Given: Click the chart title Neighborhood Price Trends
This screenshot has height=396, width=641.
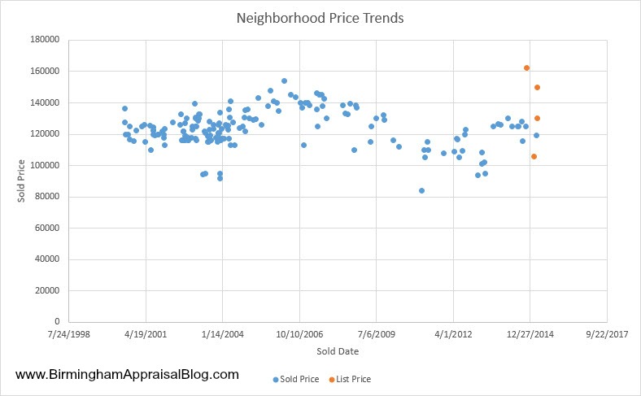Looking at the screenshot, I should click(320, 17).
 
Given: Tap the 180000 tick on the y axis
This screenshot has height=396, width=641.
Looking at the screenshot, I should click(46, 40).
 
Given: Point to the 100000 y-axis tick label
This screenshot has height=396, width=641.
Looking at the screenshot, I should click(46, 166).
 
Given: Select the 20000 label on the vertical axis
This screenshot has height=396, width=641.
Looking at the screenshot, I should click(49, 291).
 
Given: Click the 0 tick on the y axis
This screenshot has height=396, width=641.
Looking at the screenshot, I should click(59, 322).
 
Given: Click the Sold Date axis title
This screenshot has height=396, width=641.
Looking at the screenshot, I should click(338, 351).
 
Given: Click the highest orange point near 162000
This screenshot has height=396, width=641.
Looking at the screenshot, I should click(526, 68).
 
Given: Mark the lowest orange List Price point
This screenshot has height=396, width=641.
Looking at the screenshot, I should click(534, 156).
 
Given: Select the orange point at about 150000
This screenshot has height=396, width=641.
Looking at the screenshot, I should click(537, 87).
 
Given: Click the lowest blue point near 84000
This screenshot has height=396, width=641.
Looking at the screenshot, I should click(421, 190).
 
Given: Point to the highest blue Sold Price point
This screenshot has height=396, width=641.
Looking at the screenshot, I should click(284, 81).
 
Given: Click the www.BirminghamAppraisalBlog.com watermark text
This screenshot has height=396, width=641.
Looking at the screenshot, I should click(127, 375).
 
